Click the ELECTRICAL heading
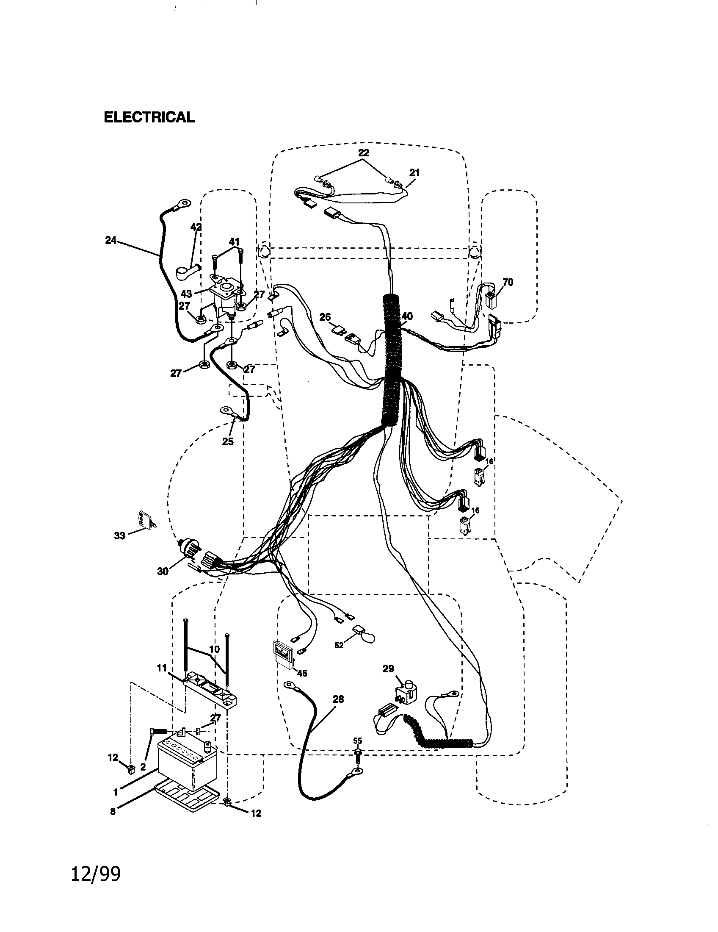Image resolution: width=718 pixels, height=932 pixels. [149, 117]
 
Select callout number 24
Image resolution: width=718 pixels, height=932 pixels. [111, 241]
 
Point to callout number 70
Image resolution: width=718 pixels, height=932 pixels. [508, 282]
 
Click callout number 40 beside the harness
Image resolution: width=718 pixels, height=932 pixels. [407, 316]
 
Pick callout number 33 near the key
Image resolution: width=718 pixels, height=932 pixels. [120, 535]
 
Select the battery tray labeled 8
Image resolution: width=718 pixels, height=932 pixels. [188, 800]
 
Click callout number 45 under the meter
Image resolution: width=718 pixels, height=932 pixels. [302, 673]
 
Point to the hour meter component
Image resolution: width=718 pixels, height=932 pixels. [282, 655]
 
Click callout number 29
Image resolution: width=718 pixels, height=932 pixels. [388, 668]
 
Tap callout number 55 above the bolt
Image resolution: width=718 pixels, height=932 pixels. [357, 741]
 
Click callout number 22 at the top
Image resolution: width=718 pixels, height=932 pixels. [364, 153]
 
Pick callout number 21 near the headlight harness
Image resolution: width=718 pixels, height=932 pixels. [414, 173]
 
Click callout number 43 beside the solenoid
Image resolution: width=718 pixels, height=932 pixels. [186, 294]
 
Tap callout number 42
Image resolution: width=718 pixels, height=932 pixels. [196, 227]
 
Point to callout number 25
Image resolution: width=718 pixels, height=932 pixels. [228, 442]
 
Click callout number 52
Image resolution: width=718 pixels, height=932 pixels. [339, 645]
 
